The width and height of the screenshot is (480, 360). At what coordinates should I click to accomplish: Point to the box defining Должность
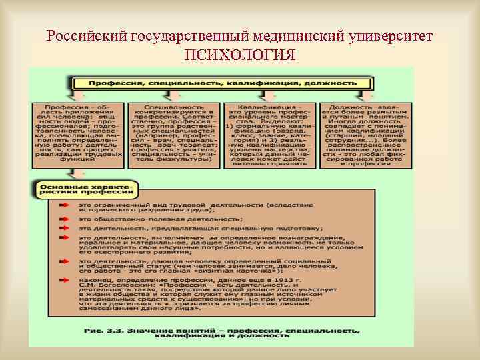[x=363, y=135]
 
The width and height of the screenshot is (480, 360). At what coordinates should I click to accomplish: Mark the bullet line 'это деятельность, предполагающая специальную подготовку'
[x=200, y=228]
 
